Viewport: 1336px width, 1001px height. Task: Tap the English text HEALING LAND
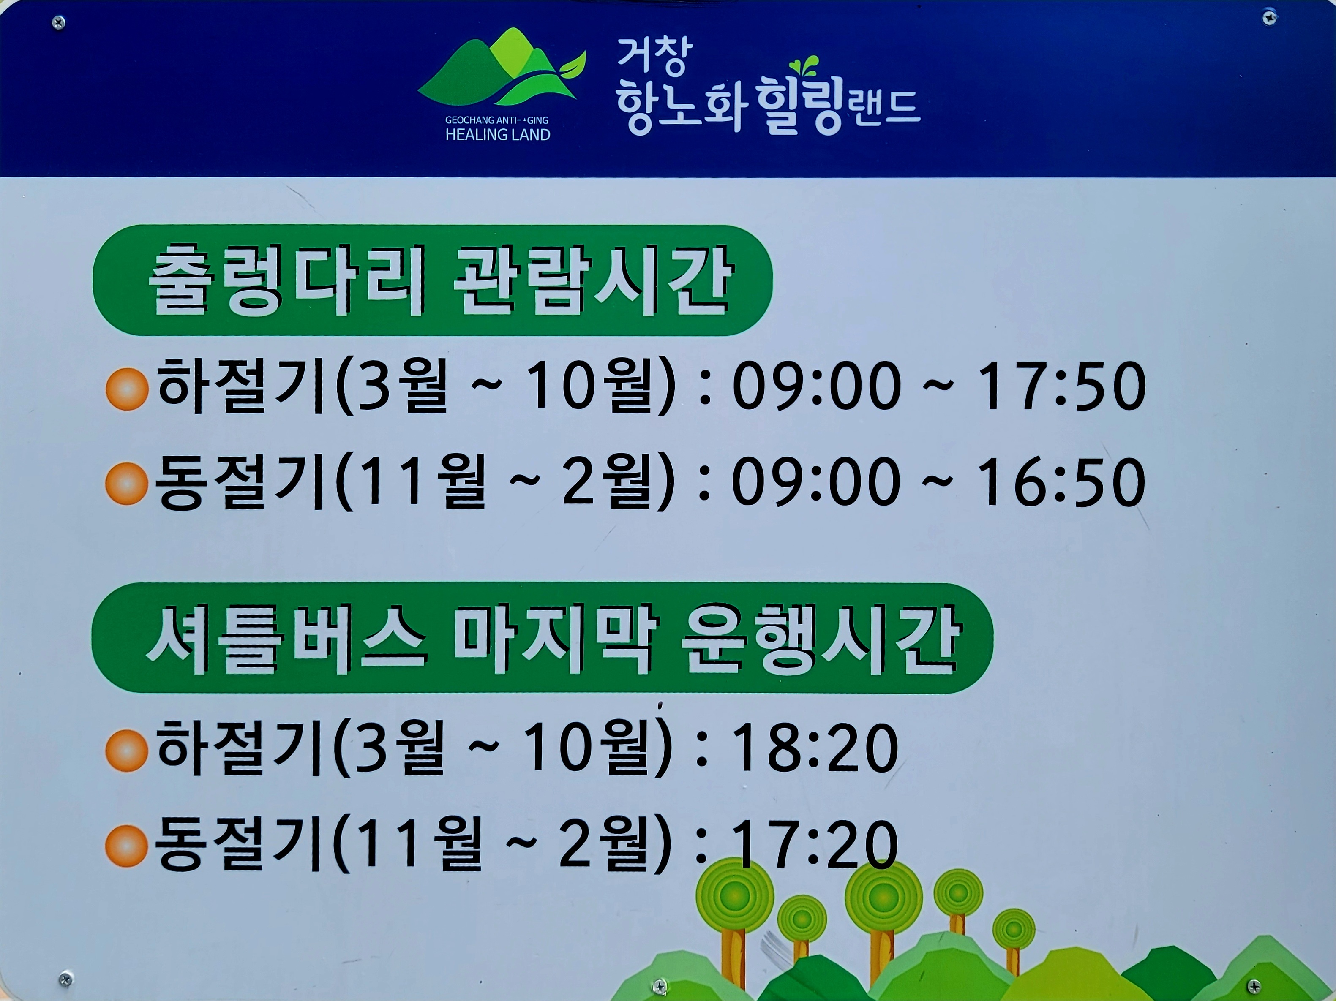(x=498, y=135)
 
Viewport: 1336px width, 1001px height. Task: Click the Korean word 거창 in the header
(x=654, y=57)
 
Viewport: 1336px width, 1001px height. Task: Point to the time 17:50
(x=1061, y=386)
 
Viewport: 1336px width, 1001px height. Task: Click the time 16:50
(x=1061, y=482)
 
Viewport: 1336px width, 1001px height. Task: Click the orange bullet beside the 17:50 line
(x=127, y=389)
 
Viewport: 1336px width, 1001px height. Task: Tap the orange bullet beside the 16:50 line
(x=127, y=484)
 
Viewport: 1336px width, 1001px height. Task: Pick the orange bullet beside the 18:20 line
(x=127, y=751)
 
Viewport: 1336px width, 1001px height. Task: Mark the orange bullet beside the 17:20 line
(x=127, y=846)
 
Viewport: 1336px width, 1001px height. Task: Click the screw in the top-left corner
(x=59, y=23)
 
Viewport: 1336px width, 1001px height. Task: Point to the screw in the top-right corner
(x=1270, y=17)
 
